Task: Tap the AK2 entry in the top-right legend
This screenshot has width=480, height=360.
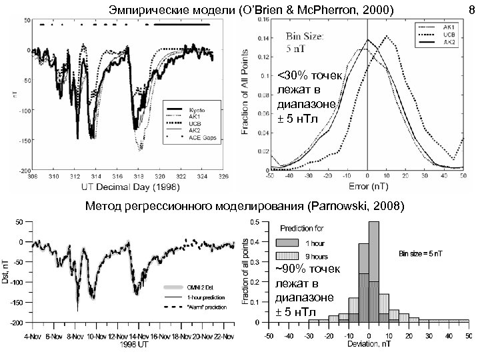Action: click(449, 42)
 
